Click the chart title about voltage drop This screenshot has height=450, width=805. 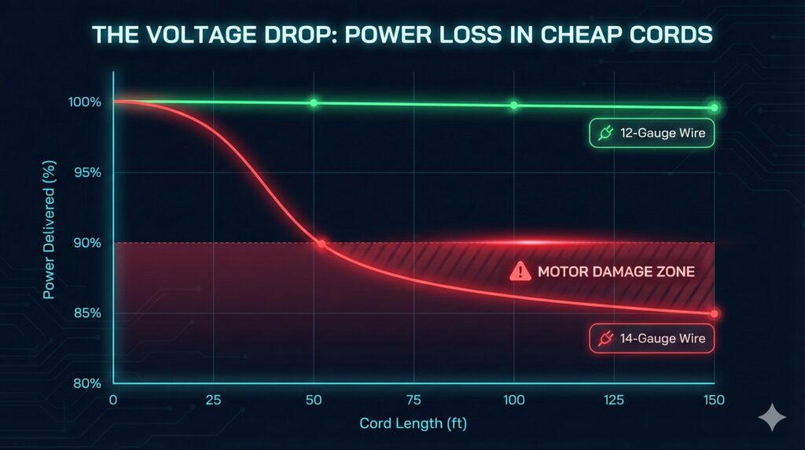click(x=402, y=35)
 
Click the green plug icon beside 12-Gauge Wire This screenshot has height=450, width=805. click(x=605, y=135)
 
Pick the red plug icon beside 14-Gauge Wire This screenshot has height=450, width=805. click(x=605, y=339)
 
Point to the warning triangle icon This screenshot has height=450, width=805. click(x=520, y=272)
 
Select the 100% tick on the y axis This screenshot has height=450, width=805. click(x=84, y=102)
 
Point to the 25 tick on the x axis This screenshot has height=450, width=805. click(x=214, y=400)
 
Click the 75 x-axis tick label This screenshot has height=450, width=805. click(x=414, y=400)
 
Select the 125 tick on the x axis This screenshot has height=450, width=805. click(x=613, y=400)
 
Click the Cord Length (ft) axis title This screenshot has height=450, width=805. click(x=414, y=423)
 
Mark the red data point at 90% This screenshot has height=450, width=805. click(x=322, y=244)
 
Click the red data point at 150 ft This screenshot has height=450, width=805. click(x=714, y=313)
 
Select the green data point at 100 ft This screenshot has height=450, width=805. click(x=513, y=105)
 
